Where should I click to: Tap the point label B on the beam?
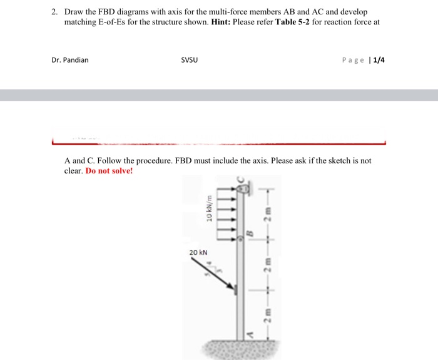coord(250,234)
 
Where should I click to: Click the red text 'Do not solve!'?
coord(109,170)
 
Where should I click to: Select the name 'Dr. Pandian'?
coord(70,60)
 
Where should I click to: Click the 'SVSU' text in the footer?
coord(189,60)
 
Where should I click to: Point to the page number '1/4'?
coord(379,60)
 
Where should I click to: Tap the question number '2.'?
coord(54,12)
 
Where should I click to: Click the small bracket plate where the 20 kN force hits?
coord(236,289)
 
